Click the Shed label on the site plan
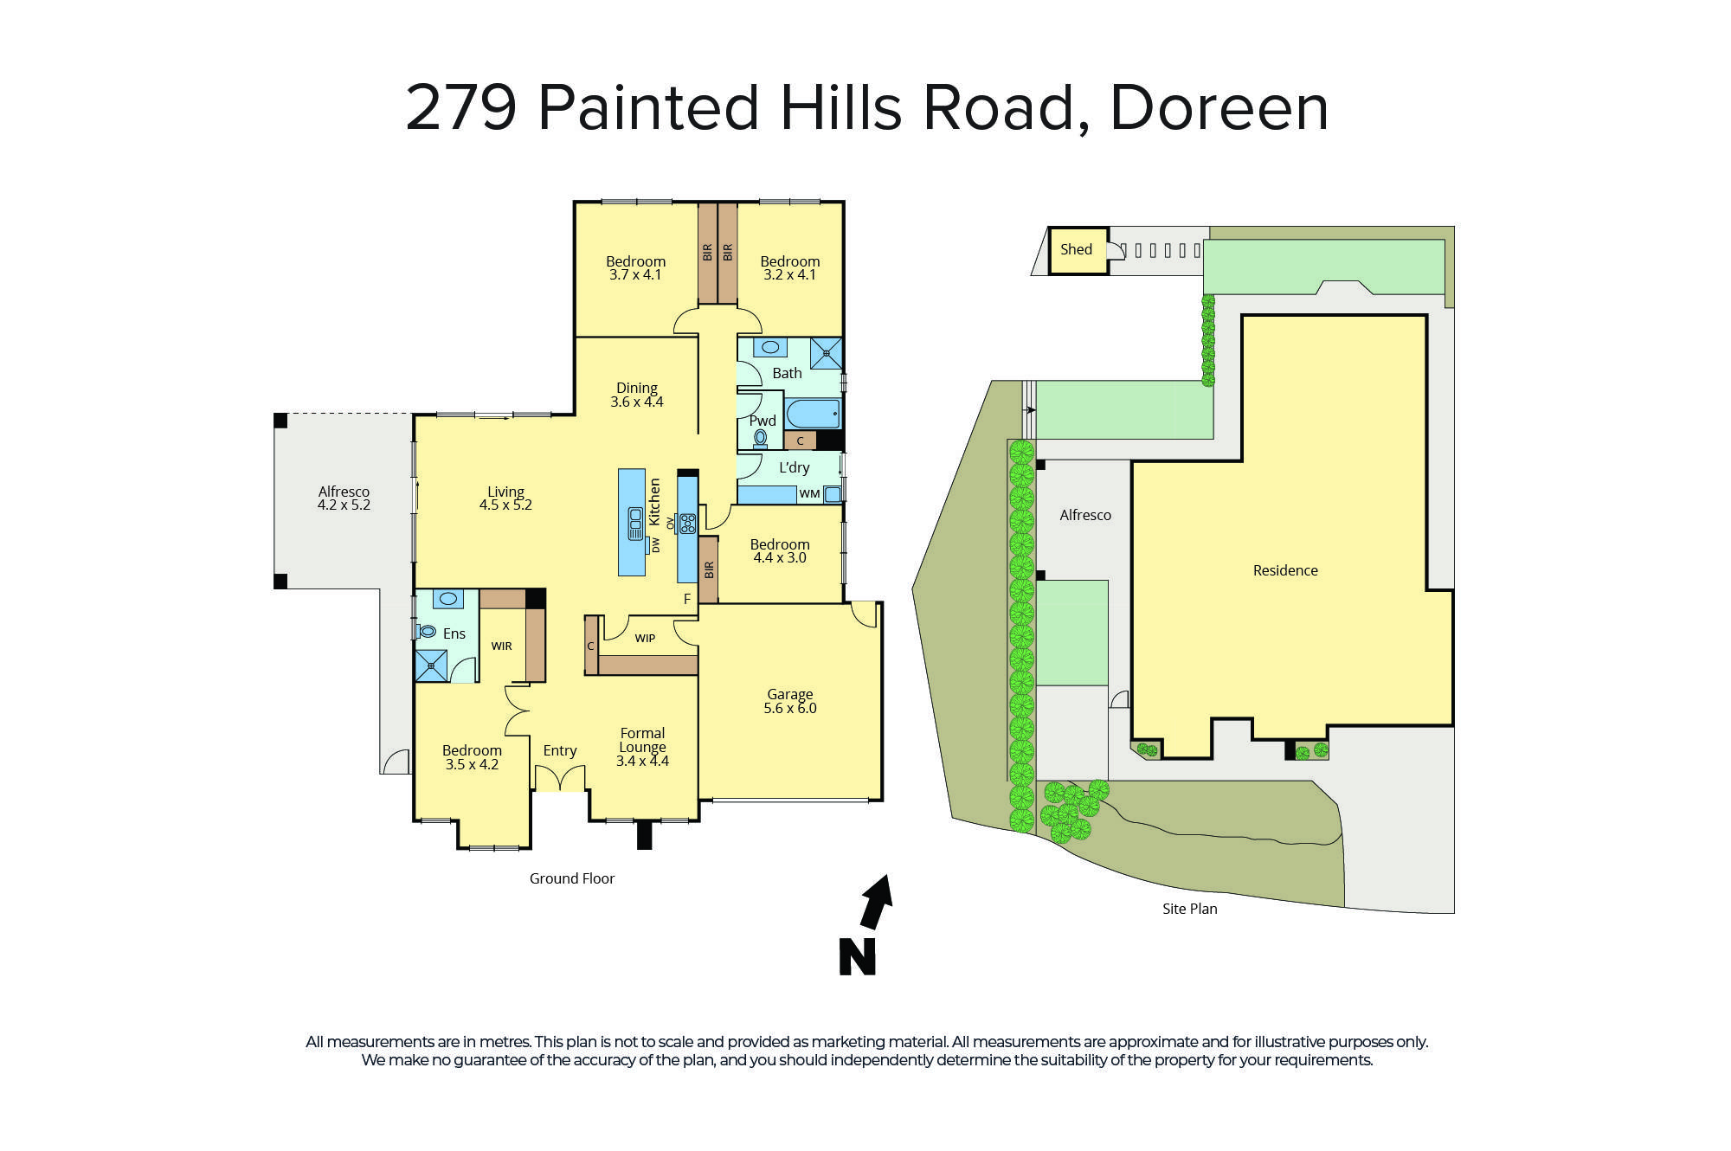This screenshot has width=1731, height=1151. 1076,249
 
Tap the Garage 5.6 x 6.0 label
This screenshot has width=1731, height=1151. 789,701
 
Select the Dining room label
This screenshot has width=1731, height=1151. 637,395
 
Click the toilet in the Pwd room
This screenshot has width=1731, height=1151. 760,439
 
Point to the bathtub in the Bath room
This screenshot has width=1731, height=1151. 813,413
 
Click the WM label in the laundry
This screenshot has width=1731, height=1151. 809,494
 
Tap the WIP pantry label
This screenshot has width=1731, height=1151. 645,639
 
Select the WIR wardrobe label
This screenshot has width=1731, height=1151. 502,646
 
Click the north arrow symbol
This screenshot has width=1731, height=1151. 877,901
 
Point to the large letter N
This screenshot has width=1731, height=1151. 857,957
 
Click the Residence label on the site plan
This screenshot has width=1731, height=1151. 1285,570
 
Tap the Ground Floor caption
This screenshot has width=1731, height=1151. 572,878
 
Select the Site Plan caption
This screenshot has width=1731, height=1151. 1189,909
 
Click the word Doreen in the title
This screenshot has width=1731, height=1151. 1219,108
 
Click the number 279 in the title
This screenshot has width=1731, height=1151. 461,108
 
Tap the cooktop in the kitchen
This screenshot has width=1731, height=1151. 687,523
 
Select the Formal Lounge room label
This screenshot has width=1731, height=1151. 642,747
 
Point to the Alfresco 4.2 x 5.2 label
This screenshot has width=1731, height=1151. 344,498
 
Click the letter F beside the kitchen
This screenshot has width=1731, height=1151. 687,599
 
